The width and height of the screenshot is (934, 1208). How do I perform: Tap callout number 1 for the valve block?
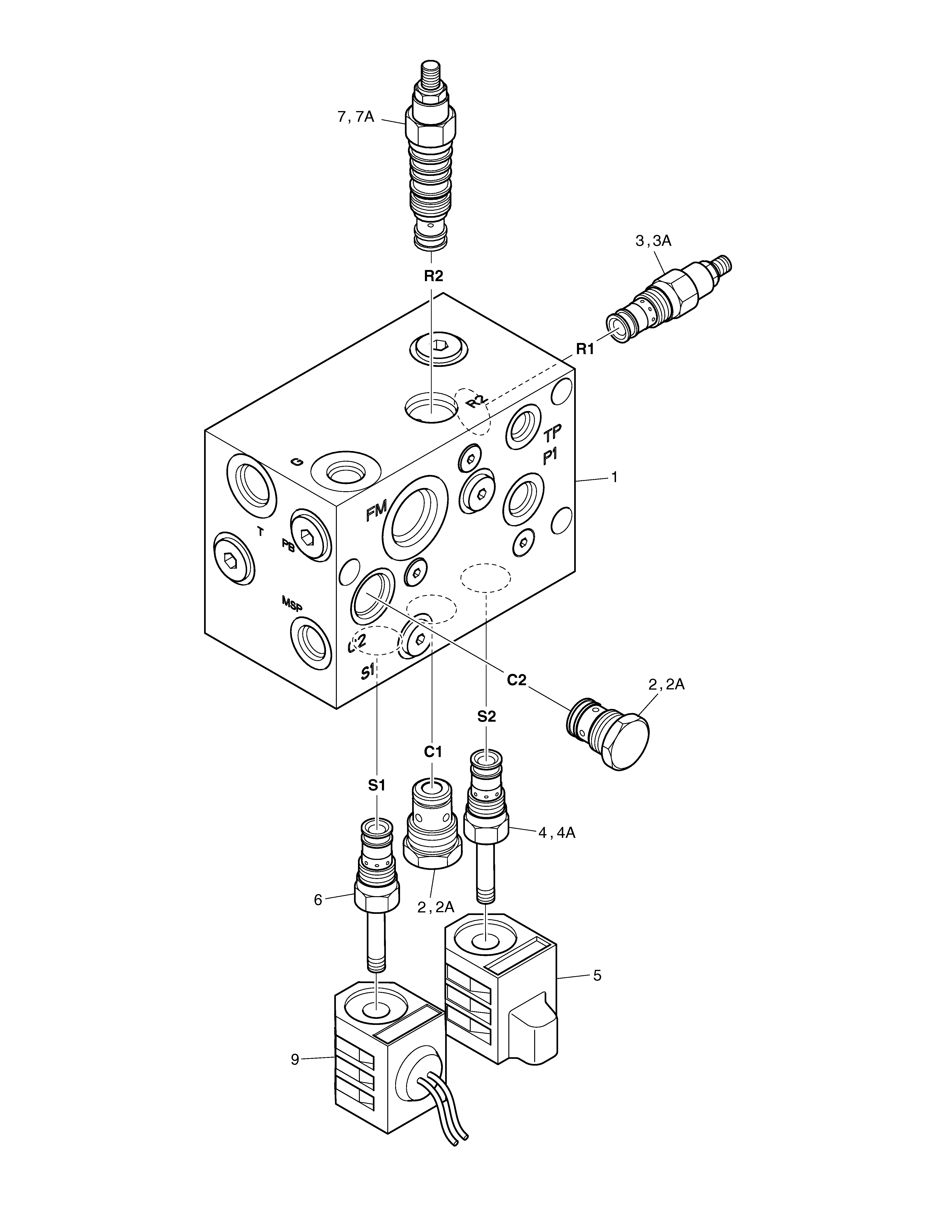pos(614,477)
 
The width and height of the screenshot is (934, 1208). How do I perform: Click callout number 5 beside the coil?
pos(597,975)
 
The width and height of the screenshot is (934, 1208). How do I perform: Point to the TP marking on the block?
pos(552,433)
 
